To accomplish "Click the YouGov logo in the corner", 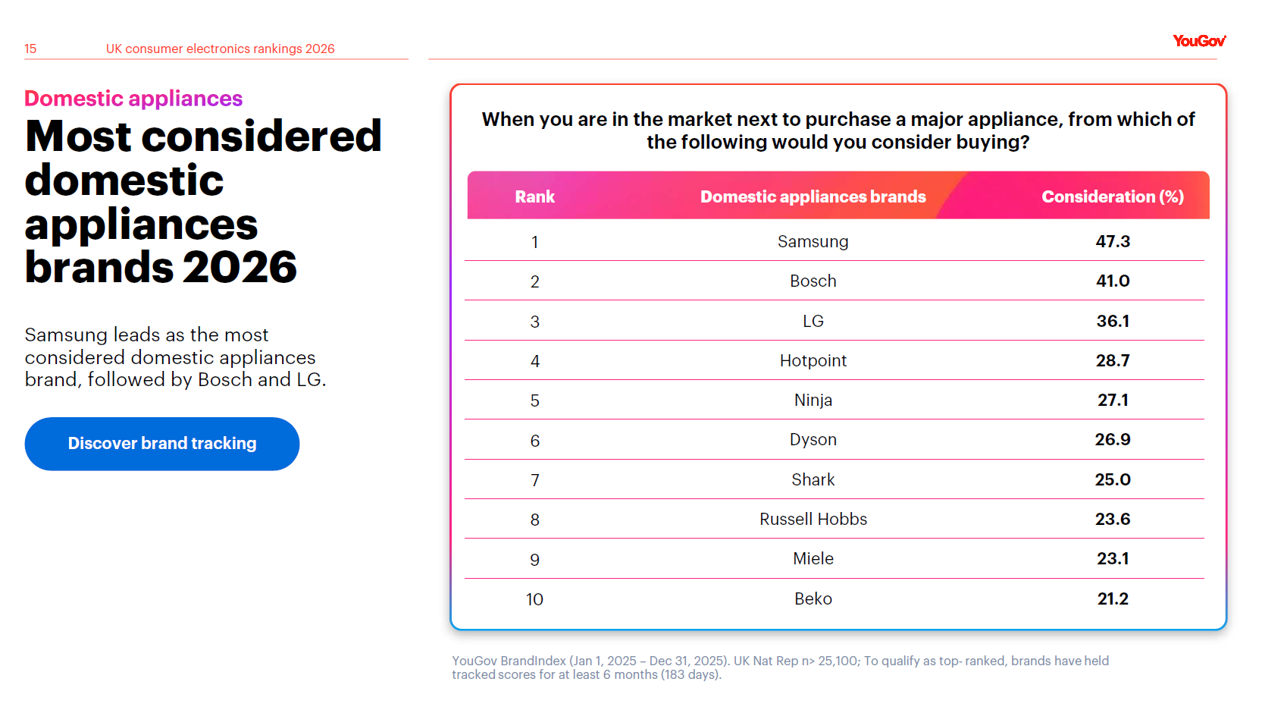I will [x=1198, y=41].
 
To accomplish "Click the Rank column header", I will [x=534, y=197].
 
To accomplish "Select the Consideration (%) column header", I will [x=1112, y=197].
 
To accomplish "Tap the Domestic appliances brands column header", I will [x=813, y=197].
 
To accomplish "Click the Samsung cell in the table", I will [x=813, y=242].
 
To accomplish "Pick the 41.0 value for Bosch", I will [x=1112, y=281].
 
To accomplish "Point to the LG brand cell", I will [x=813, y=322].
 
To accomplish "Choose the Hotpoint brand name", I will [x=813, y=361].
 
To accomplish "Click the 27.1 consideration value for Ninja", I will [x=1112, y=401].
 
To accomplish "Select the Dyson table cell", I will [x=813, y=440].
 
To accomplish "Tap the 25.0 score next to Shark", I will [x=1112, y=480].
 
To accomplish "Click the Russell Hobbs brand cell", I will [x=813, y=520].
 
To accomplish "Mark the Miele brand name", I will [x=813, y=559].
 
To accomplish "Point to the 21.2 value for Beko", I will [x=1112, y=599].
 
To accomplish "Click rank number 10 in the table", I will [x=534, y=600].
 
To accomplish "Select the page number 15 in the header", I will [x=30, y=49].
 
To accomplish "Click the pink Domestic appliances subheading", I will [x=133, y=99].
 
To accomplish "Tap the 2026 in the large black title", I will [x=240, y=268].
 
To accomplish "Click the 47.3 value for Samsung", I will [x=1112, y=242].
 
